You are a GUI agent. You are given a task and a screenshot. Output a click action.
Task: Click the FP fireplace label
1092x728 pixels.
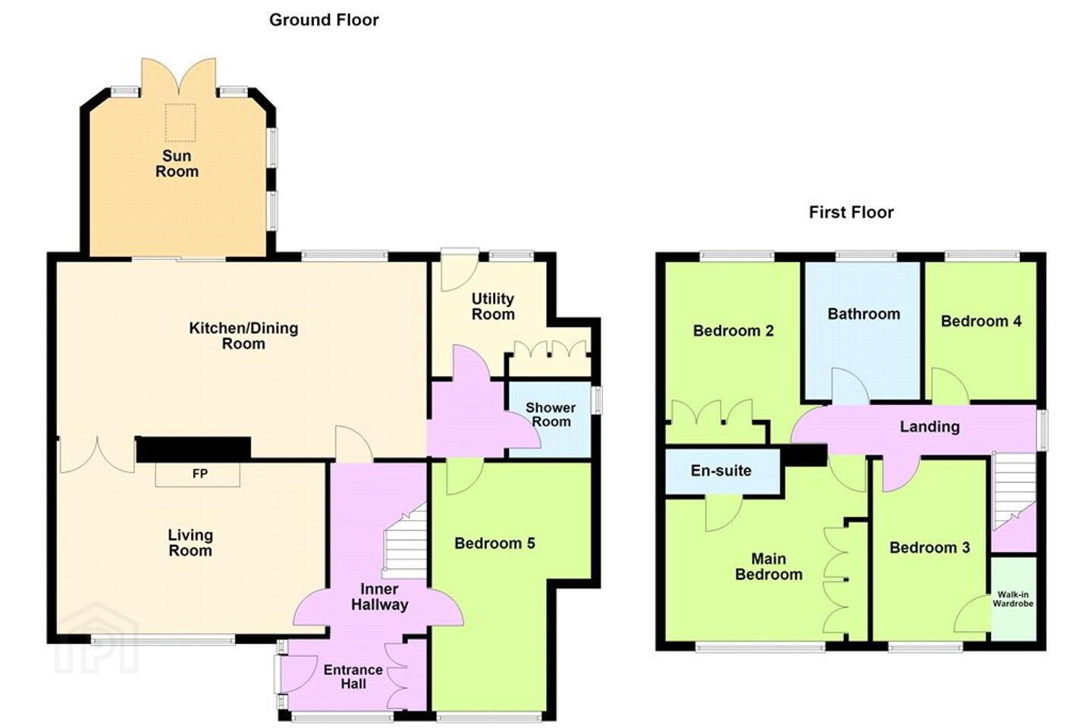[200, 473]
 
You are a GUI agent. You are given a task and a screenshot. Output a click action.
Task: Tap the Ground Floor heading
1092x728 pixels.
[324, 20]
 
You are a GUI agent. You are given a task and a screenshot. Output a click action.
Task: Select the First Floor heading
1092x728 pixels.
[851, 212]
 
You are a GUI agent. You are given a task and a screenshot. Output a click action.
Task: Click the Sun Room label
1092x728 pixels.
[177, 163]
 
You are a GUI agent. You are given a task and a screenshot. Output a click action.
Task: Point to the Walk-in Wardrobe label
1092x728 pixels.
[1013, 599]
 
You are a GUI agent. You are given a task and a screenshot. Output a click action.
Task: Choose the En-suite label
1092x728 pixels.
[721, 470]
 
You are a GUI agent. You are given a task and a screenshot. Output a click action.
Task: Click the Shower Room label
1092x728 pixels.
[551, 415]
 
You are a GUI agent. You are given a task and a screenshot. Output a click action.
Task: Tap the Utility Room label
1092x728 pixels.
[493, 306]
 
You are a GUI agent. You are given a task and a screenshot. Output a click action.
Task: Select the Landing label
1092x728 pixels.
[930, 427]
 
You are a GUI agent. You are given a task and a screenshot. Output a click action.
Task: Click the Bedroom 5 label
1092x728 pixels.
[494, 543]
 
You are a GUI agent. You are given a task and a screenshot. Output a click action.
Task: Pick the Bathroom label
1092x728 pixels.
[864, 313]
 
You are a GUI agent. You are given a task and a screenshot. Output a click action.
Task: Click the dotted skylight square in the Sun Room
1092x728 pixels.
[180, 122]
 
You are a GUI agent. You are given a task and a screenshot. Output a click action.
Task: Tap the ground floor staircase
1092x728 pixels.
[405, 540]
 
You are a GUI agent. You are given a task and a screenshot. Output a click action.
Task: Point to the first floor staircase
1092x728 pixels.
[1015, 491]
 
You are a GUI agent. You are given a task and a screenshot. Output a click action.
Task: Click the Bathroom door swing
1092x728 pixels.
[850, 386]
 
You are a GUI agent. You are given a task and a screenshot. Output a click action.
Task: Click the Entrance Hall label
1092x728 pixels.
[353, 676]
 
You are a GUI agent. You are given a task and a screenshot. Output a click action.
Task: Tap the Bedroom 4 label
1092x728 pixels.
[981, 322]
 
